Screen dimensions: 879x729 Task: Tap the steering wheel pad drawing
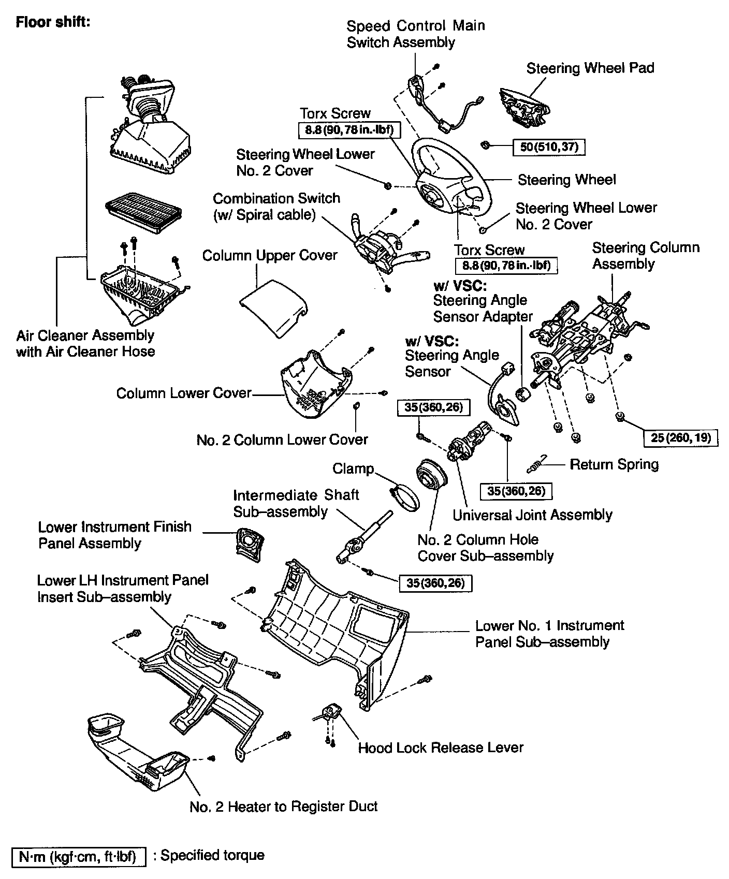click(x=524, y=107)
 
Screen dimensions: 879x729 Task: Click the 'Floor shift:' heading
click(x=53, y=23)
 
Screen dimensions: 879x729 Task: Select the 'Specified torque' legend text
click(x=212, y=855)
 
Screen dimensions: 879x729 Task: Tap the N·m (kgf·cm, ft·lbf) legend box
click(x=78, y=857)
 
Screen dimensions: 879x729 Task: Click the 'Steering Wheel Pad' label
click(x=590, y=68)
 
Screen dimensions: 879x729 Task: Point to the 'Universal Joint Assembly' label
click(x=532, y=515)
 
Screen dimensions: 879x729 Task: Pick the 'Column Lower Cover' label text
click(x=183, y=393)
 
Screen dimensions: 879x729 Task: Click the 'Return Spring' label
click(x=614, y=464)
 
